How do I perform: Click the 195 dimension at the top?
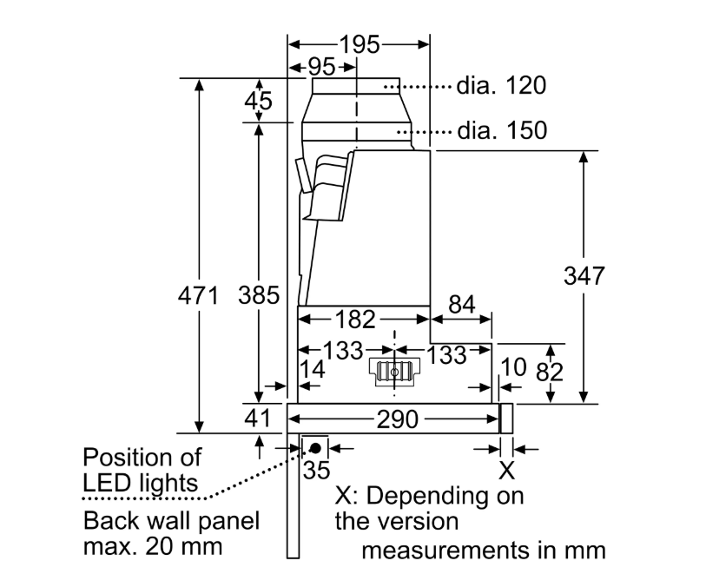360,45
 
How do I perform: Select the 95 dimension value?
321,68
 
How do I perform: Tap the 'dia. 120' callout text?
502,86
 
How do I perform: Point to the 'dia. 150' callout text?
502,131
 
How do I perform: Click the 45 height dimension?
257,101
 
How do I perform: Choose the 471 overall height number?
198,296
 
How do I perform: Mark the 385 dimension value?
258,296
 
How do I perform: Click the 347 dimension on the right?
584,276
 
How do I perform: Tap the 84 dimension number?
462,305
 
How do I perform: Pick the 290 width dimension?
397,419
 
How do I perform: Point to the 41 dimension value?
257,419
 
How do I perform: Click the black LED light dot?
313,448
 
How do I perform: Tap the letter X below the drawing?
506,472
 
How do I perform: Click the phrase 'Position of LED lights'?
142,469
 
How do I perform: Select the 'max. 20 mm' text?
153,548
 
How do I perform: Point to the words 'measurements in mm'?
483,551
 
